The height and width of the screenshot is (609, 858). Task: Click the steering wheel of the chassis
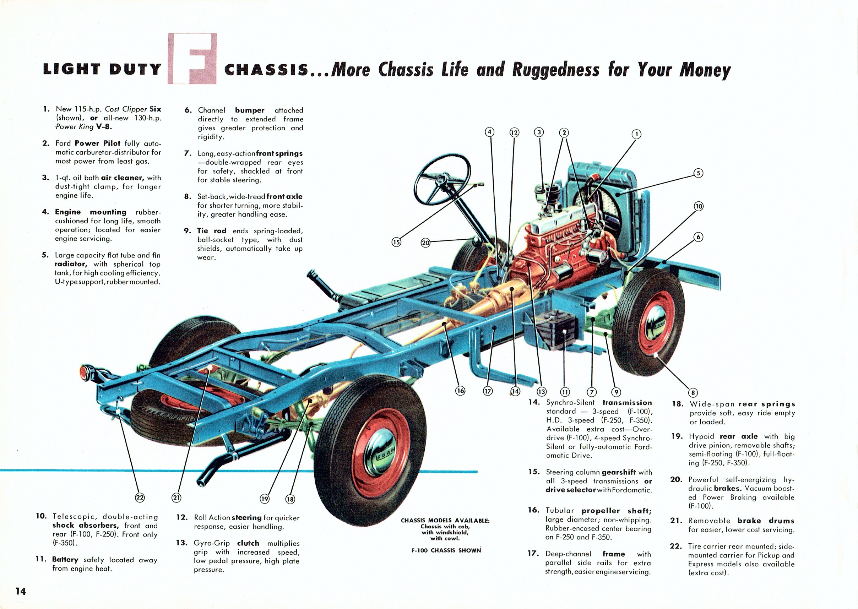pos(442,178)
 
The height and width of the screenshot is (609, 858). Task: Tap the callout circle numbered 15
pos(396,242)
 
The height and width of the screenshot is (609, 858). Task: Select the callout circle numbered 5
pos(698,173)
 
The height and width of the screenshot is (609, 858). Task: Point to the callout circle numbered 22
pos(140,497)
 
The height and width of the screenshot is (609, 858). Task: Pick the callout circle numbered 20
pos(425,243)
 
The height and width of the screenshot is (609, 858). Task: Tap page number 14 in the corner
pos(21,591)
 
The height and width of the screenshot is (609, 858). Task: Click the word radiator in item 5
pos(71,264)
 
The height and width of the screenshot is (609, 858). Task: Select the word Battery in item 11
pos(65,560)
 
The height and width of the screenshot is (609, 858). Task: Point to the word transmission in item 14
pos(627,403)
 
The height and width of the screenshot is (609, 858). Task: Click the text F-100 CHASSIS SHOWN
pos(445,550)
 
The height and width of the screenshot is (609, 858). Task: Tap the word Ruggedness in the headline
pos(555,69)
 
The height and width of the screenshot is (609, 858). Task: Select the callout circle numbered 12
pos(514,132)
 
